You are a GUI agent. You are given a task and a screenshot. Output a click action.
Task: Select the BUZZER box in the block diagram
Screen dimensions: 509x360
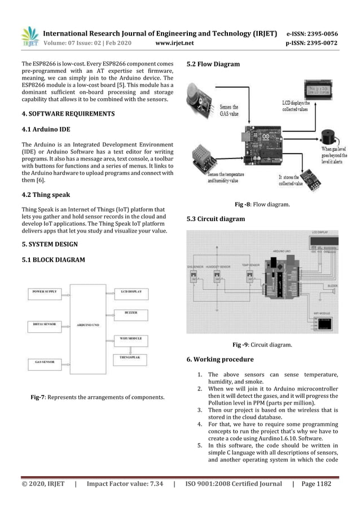click(131, 313)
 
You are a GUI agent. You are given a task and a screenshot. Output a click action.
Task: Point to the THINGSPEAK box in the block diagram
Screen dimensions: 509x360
click(131, 357)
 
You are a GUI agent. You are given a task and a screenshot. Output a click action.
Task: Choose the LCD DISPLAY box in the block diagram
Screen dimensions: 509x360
click(131, 292)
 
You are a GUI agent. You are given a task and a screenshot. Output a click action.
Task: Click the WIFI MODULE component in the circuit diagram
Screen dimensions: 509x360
click(324, 323)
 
